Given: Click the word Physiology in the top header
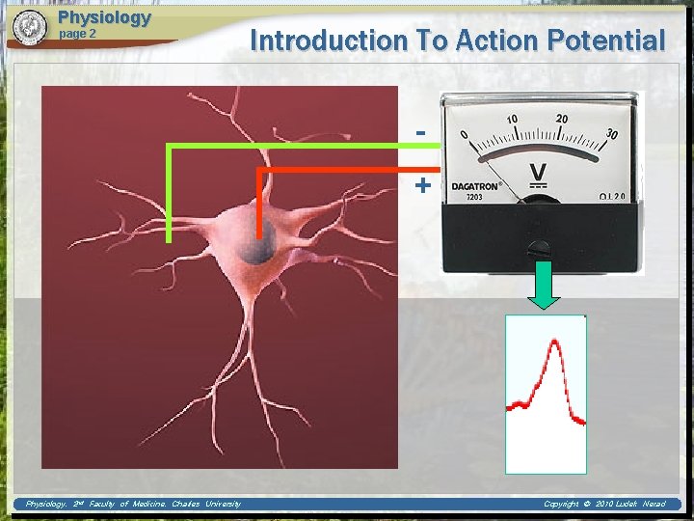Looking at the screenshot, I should [104, 17].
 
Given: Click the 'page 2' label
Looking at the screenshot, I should [78, 34].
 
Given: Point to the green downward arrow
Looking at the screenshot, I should [545, 286].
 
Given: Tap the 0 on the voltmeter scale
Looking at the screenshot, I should [465, 134].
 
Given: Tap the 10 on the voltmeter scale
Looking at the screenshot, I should [512, 119].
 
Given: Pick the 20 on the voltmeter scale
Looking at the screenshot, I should [563, 119].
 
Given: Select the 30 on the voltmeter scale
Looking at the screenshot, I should [609, 134].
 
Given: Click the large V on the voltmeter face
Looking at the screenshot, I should [539, 172].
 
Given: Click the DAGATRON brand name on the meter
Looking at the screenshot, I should [475, 185].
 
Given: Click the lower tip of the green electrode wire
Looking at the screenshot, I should [169, 237].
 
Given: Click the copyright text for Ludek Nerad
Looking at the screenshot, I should [603, 504].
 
